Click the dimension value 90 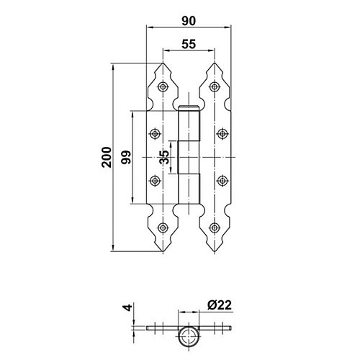[x=189, y=21]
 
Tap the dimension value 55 [x=189, y=44]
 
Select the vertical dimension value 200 [x=107, y=157]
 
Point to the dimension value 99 [x=126, y=157]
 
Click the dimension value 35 [x=164, y=157]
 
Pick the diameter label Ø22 [x=220, y=305]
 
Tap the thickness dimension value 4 [x=129, y=307]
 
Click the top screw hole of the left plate [x=163, y=86]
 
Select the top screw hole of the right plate [x=215, y=86]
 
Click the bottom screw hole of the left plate [x=163, y=228]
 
